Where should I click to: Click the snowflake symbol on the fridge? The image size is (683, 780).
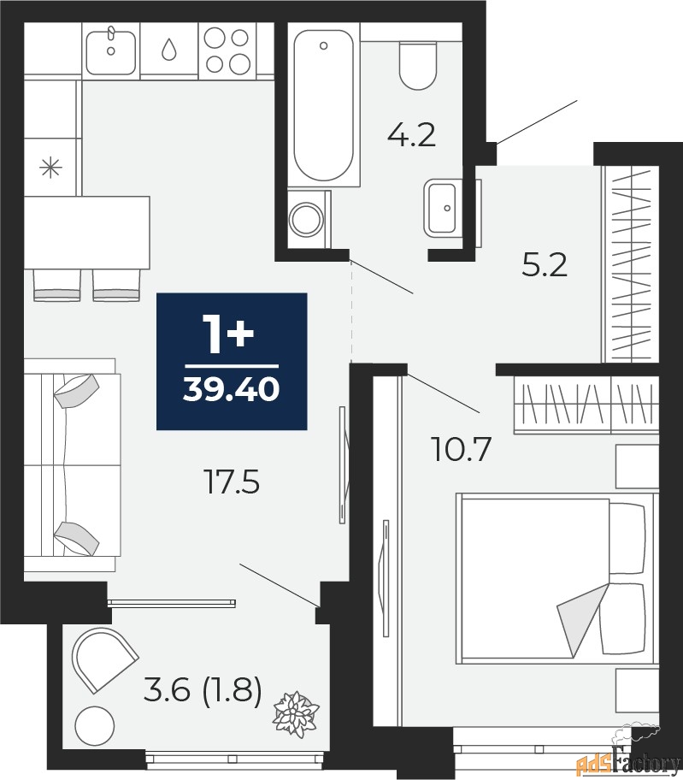(50, 168)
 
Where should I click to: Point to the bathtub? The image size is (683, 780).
(324, 105)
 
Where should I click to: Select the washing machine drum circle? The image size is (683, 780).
(307, 219)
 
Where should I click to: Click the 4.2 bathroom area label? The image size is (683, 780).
(411, 135)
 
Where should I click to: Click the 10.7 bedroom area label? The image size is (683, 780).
(462, 449)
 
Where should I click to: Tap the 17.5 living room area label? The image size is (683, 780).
(233, 482)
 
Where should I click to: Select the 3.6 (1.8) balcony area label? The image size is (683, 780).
(203, 691)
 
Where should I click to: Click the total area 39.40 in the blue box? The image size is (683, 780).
(231, 389)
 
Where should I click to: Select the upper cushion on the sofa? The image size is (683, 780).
(77, 391)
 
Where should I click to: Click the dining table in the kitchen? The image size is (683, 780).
(87, 233)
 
